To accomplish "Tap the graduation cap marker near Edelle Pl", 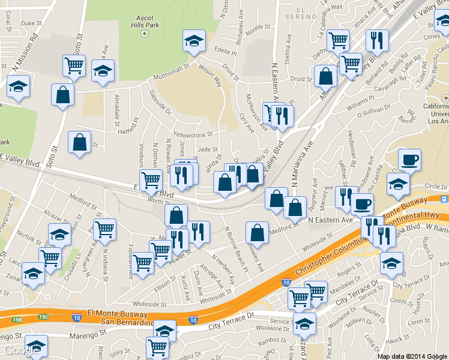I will pyautogui.click(x=193, y=41).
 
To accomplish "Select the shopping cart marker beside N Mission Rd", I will pyautogui.click(x=74, y=66).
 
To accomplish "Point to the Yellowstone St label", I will pyautogui.click(x=193, y=134).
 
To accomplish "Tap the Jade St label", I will pyautogui.click(x=206, y=149).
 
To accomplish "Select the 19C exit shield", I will pyautogui.click(x=44, y=317).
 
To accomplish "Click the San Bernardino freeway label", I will pyautogui.click(x=125, y=322).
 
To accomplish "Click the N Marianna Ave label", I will pyautogui.click(x=304, y=157).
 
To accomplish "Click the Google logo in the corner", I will pyautogui.click(x=20, y=350).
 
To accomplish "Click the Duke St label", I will pyautogui.click(x=29, y=23).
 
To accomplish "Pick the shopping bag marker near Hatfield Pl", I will pyautogui.click(x=79, y=143).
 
